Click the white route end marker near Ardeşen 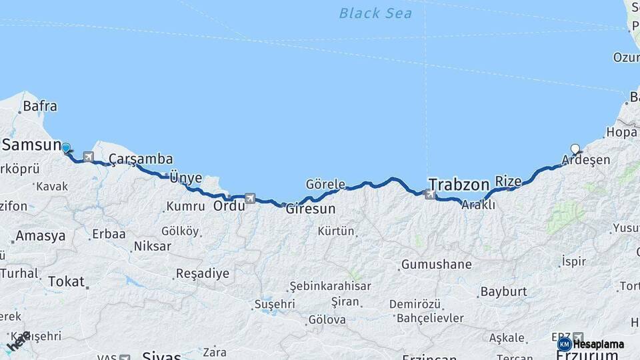(575, 149)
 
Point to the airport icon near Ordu (250, 198)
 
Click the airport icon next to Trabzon (431, 195)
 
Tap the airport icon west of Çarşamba (88, 157)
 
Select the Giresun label (310, 209)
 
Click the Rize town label (508, 181)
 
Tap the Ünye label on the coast (186, 177)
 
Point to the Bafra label (39, 106)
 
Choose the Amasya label (40, 236)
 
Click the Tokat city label (66, 281)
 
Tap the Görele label (325, 184)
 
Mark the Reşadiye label (202, 273)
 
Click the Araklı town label (478, 205)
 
